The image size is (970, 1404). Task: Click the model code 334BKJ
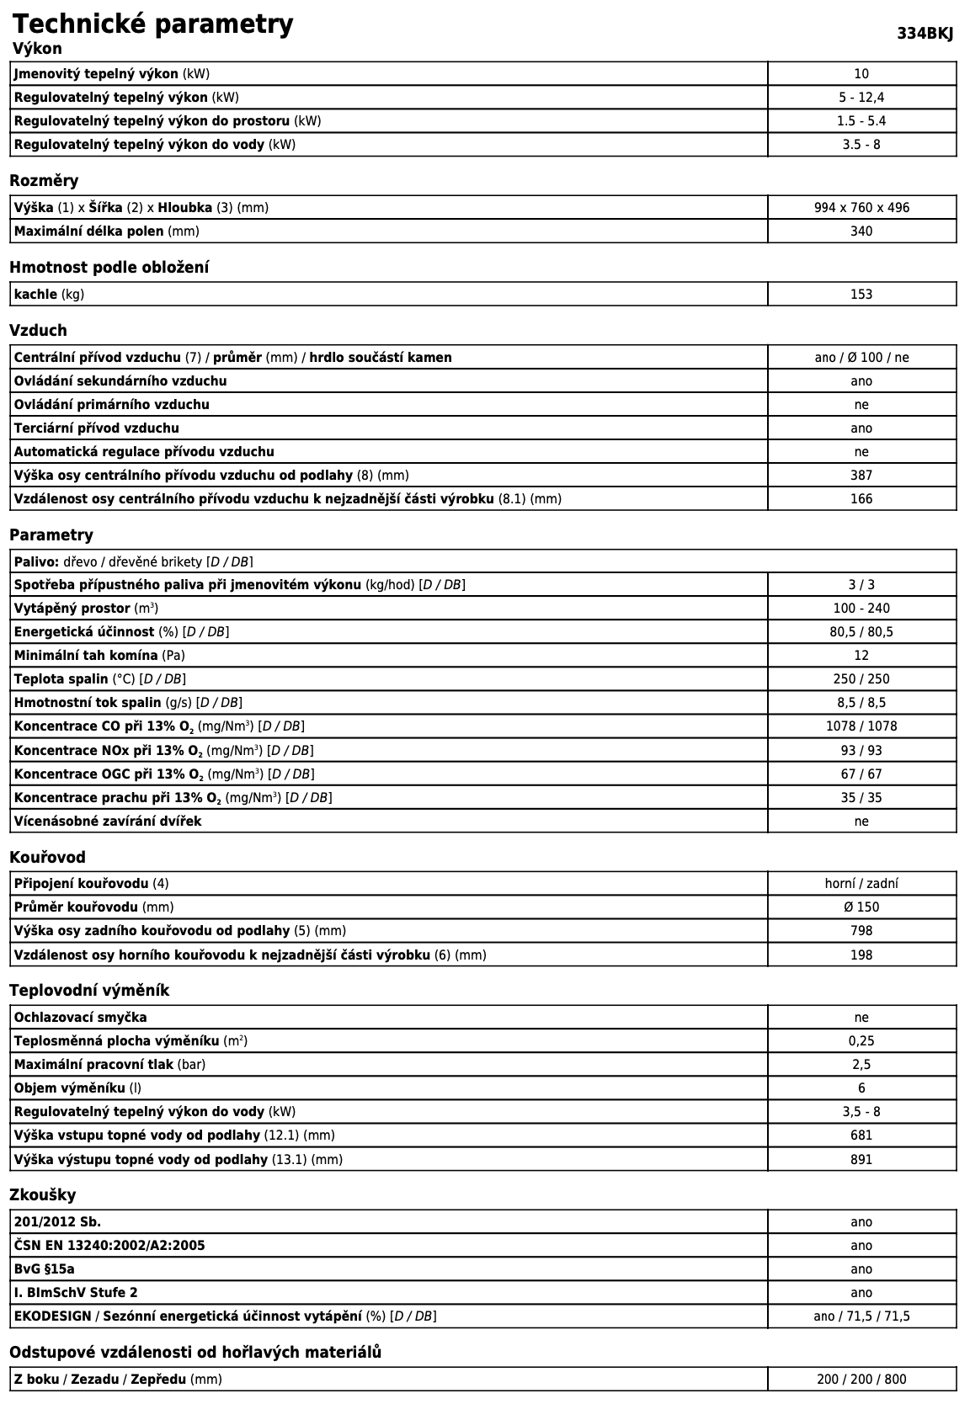(x=925, y=34)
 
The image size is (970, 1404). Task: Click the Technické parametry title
(x=153, y=24)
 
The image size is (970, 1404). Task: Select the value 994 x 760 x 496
(x=861, y=208)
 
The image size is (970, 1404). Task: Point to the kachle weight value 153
(x=861, y=295)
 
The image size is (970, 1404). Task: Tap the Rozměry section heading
(x=44, y=181)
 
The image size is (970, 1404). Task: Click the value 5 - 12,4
(x=861, y=98)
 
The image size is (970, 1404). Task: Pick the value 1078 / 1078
(x=861, y=726)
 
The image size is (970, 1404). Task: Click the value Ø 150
(x=861, y=907)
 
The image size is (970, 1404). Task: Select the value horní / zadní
(x=861, y=884)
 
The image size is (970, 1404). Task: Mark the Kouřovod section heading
(x=47, y=858)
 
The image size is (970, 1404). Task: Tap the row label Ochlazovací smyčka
(x=81, y=1018)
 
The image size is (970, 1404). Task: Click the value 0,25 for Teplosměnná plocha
(x=861, y=1041)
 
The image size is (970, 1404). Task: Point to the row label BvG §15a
(x=51, y=1269)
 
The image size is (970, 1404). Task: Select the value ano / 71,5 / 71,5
(x=861, y=1316)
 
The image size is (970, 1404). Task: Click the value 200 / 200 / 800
(x=861, y=1380)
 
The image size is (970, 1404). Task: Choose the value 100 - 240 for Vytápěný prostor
(x=861, y=609)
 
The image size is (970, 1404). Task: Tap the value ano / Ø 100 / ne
(x=861, y=358)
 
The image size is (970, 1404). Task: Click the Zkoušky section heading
(x=42, y=1195)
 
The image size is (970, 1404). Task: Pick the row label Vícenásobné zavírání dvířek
(x=108, y=822)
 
